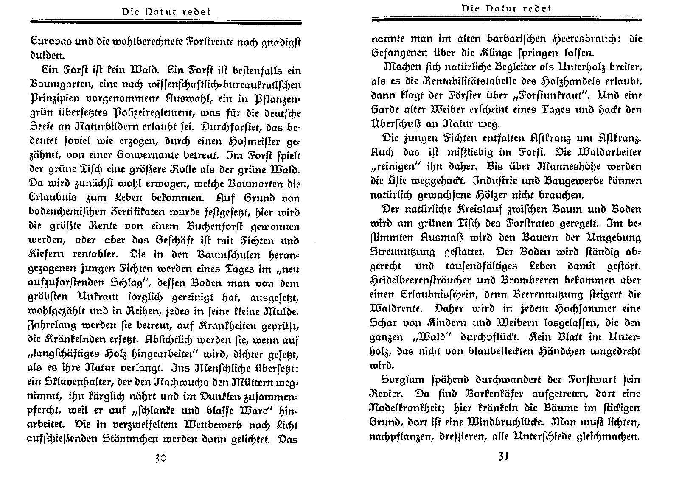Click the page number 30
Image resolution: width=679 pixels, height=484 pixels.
coord(160,459)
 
